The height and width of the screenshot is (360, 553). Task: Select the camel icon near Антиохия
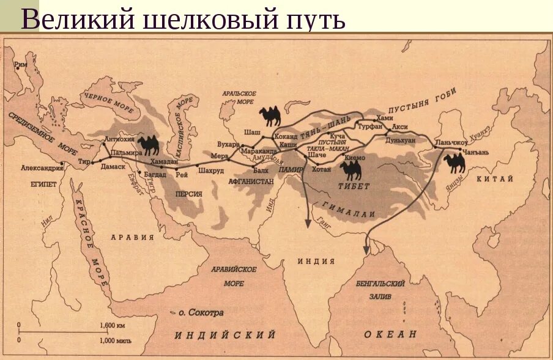[149, 145]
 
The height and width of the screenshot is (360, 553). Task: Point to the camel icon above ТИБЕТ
[354, 170]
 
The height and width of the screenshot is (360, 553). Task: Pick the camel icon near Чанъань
[455, 163]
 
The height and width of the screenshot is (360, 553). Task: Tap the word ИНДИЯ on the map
[316, 261]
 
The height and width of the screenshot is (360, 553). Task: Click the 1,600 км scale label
[112, 325]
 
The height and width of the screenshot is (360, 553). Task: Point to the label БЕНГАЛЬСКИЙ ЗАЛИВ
[380, 288]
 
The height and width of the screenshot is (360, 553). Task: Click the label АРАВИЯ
[132, 237]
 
